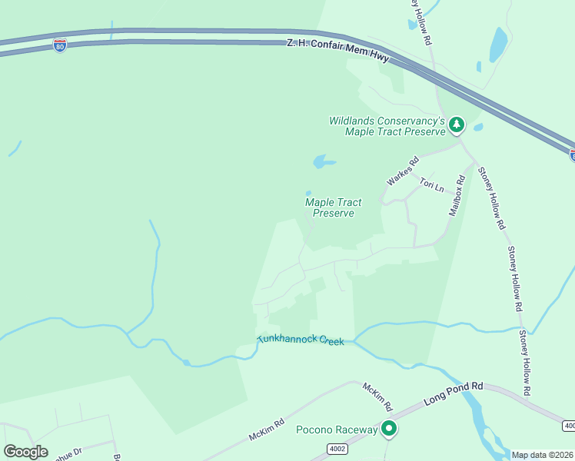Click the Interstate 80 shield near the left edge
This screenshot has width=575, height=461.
pyautogui.click(x=60, y=45)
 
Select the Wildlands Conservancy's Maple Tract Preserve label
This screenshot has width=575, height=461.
pyautogui.click(x=387, y=126)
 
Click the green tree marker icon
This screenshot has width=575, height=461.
pyautogui.click(x=457, y=124)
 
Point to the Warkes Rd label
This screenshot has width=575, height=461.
pyautogui.click(x=403, y=171)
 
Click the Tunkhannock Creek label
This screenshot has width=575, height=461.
pyautogui.click(x=300, y=340)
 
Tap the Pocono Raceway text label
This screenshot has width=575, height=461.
pyautogui.click(x=337, y=429)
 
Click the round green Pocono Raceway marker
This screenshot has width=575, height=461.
pyautogui.click(x=390, y=429)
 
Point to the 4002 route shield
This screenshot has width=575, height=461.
pyautogui.click(x=337, y=449)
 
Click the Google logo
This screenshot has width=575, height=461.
pyautogui.click(x=25, y=452)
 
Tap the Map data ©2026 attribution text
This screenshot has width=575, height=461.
pyautogui.click(x=543, y=455)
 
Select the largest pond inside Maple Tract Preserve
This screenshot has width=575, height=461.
pyautogui.click(x=323, y=161)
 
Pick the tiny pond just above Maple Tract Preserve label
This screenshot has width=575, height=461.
pyautogui.click(x=308, y=194)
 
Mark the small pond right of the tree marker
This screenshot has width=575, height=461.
pyautogui.click(x=478, y=128)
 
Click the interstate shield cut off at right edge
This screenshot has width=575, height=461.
pyautogui.click(x=573, y=155)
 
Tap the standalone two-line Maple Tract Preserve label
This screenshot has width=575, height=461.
pyautogui.click(x=334, y=207)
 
